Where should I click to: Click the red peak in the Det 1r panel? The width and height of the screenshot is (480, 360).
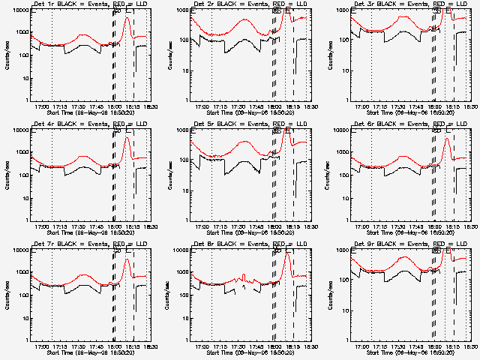[126, 17]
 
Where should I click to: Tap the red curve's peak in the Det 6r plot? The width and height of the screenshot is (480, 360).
[447, 138]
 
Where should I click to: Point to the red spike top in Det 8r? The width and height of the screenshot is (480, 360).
[286, 253]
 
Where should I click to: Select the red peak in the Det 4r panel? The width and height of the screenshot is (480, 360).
[126, 135]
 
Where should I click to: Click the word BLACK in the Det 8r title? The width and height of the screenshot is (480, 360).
[229, 244]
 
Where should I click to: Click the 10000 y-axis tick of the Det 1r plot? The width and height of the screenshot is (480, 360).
[19, 10]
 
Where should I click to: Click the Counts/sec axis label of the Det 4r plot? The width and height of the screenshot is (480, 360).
[7, 175]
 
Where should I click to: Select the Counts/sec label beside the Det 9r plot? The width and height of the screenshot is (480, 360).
[328, 295]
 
